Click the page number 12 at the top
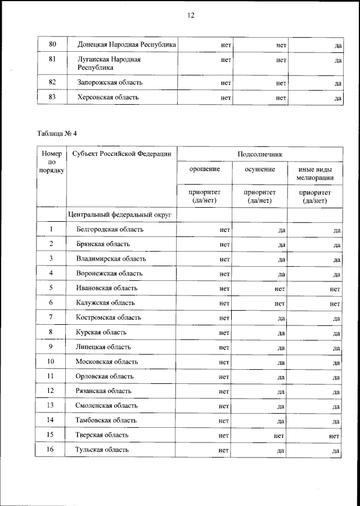[x=191, y=16]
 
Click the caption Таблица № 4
[x=57, y=133]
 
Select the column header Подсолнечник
[x=259, y=154]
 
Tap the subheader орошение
[x=204, y=169]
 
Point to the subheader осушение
[x=260, y=169]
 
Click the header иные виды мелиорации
[x=315, y=173]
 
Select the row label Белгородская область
[x=110, y=230]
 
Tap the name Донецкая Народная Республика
[x=128, y=44]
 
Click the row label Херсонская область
[x=108, y=97]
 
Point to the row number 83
[x=52, y=97]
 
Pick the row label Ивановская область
[x=107, y=288]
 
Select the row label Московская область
[x=107, y=362]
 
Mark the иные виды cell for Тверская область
[x=334, y=436]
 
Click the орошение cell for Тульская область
[x=223, y=450]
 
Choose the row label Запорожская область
[x=110, y=83]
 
